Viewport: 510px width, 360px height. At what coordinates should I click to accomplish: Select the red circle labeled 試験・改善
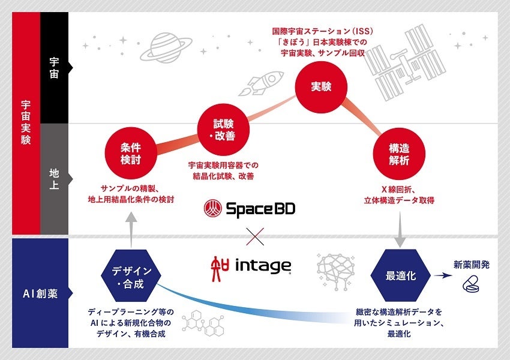[224, 128]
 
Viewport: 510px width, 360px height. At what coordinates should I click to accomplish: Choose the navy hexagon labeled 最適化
[400, 276]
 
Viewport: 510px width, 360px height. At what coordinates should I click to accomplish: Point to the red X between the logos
[255, 235]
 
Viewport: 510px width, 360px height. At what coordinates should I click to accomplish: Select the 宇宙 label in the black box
[54, 68]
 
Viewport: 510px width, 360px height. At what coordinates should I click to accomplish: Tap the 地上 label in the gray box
[54, 178]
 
